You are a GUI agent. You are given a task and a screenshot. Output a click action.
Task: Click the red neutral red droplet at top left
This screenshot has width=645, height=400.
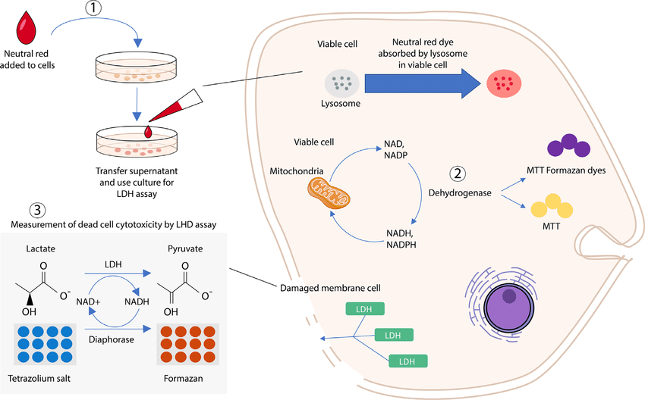coord(29,30)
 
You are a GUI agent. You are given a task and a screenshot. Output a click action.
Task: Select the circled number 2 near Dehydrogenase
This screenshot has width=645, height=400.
coord(457,174)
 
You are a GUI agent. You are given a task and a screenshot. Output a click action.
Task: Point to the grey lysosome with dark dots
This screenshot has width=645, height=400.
coord(340,82)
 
